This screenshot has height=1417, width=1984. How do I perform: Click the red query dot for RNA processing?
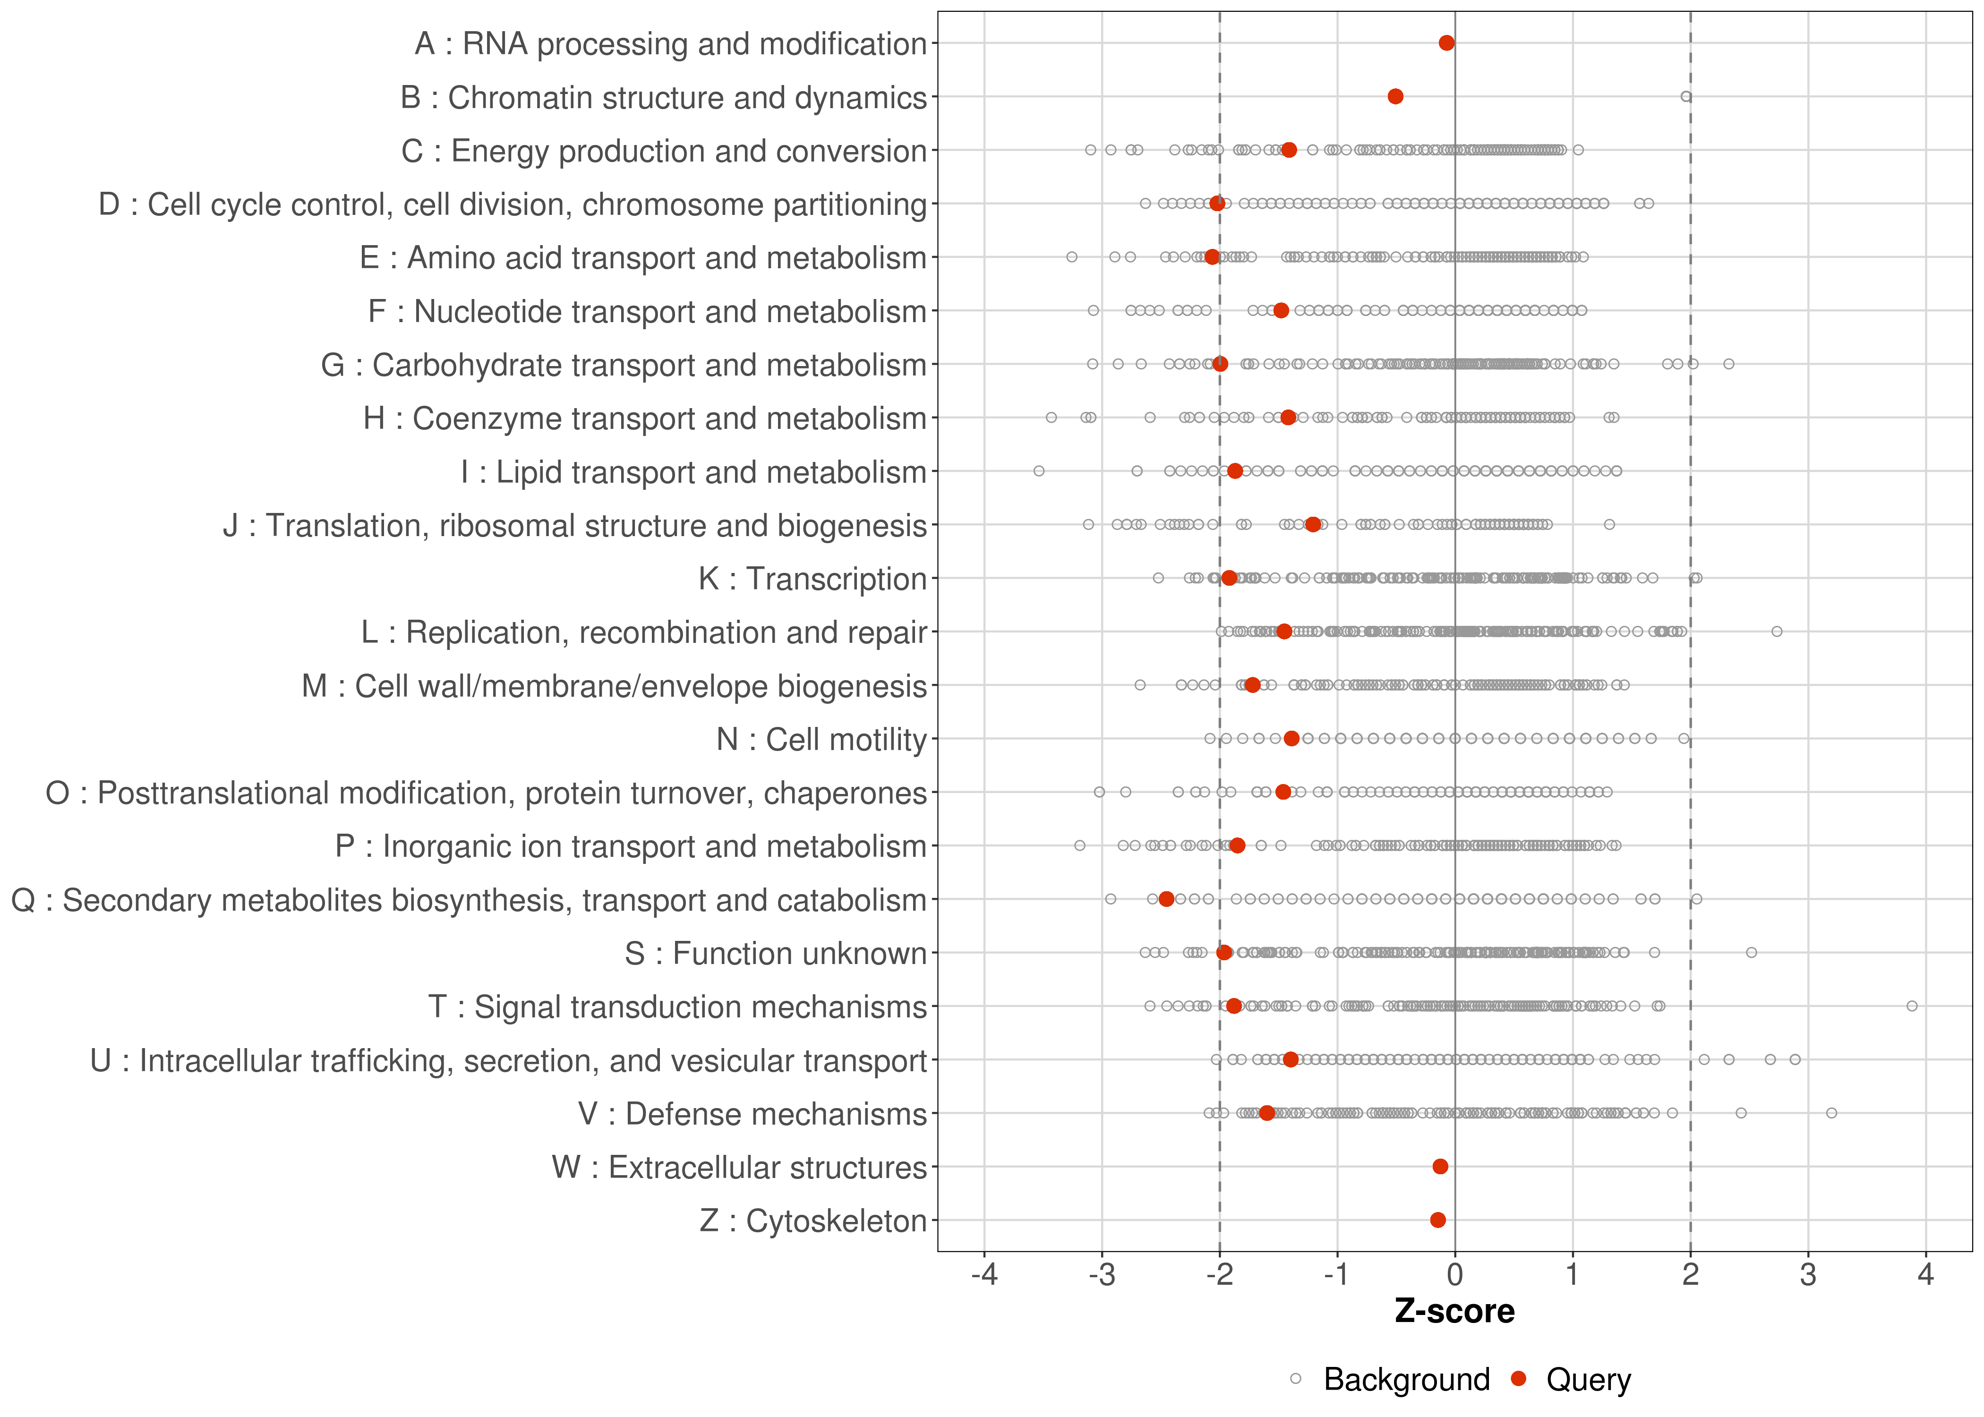click(1446, 43)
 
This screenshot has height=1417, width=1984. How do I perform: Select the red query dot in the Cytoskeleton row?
click(1438, 1220)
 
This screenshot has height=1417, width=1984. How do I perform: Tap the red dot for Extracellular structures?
click(1440, 1167)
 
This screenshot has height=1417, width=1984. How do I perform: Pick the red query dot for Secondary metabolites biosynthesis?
click(1166, 899)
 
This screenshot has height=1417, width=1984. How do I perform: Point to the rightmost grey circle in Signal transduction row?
click(1912, 1006)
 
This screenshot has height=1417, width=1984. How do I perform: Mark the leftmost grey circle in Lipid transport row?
click(1038, 471)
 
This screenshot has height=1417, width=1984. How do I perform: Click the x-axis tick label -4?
click(984, 1276)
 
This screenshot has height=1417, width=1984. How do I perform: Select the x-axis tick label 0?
click(1454, 1276)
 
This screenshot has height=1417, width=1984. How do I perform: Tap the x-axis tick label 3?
click(1808, 1276)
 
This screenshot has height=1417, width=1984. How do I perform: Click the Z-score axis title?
click(1454, 1311)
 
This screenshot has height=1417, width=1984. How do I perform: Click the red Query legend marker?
click(1518, 1379)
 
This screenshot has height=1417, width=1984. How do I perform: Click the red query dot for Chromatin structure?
click(1395, 96)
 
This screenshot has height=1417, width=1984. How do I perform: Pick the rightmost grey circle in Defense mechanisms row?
click(1831, 1112)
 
